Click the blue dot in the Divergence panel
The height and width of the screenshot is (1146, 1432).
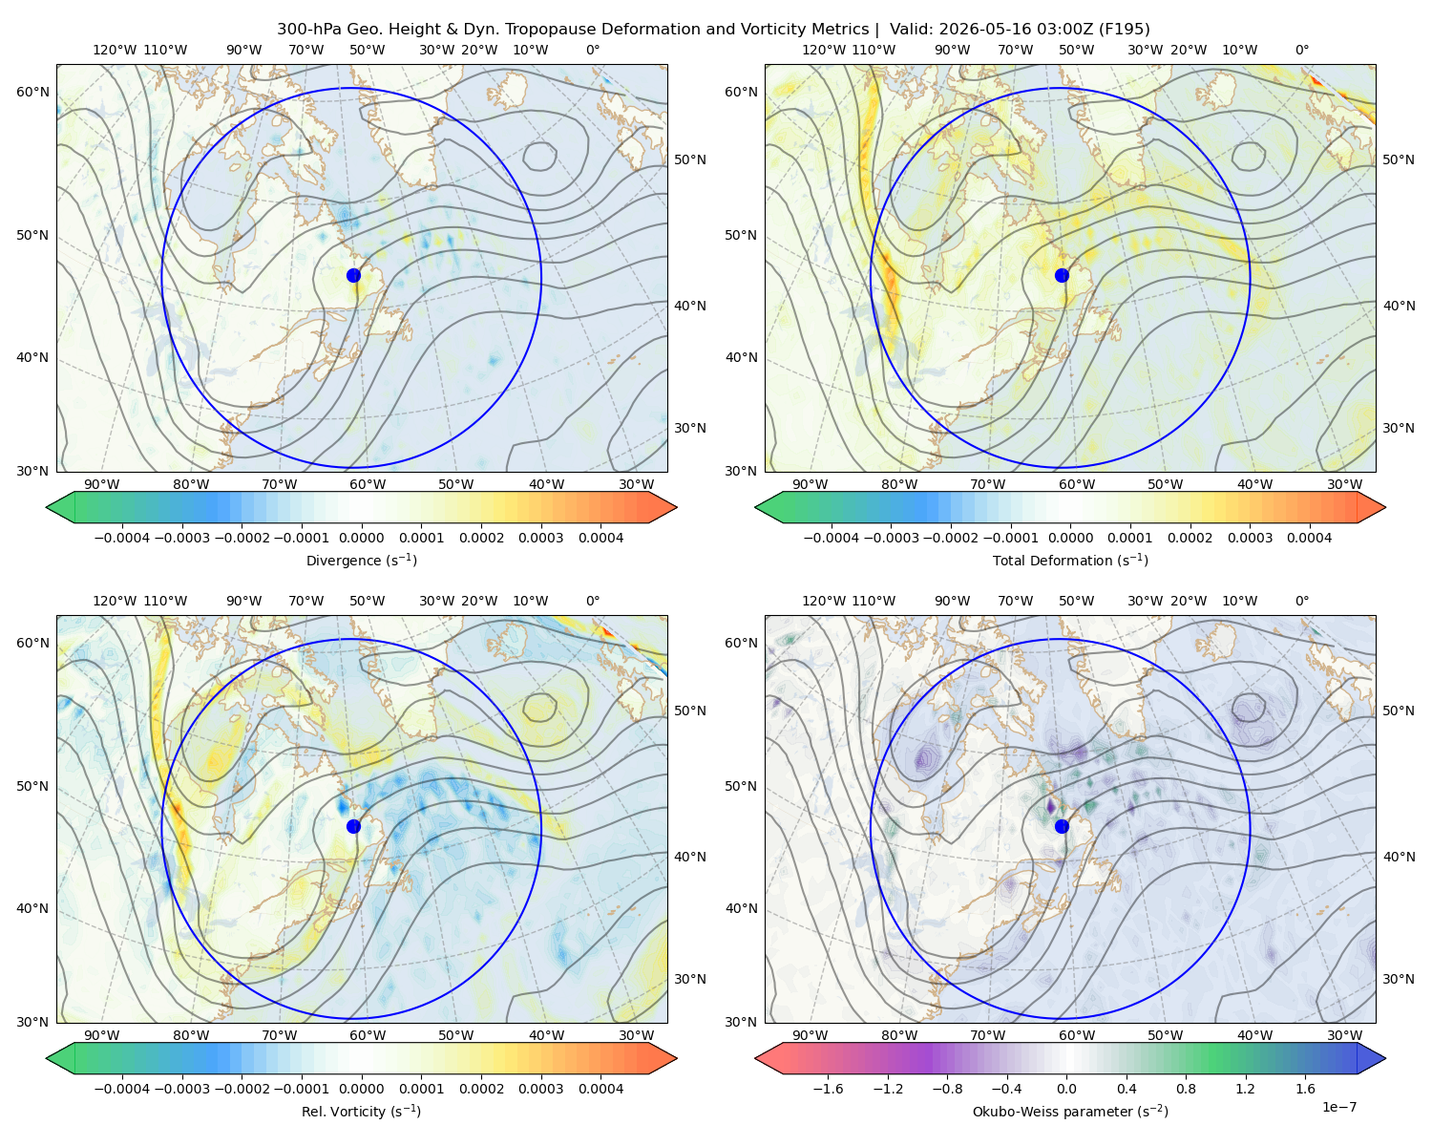353,275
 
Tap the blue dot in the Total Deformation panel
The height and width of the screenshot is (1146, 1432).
1062,275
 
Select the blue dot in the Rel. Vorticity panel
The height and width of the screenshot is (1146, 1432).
353,826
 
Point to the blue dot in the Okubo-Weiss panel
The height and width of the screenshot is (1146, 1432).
1062,826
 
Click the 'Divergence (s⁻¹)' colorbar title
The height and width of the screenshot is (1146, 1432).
361,560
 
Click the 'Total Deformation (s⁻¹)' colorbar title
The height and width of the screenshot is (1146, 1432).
1070,560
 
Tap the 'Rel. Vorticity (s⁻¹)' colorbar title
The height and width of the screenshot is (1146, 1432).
361,1111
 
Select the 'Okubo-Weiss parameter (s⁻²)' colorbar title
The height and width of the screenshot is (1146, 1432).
1070,1111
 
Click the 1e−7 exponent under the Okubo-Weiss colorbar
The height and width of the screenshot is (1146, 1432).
1338,1107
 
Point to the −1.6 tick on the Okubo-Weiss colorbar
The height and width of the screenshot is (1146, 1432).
828,1089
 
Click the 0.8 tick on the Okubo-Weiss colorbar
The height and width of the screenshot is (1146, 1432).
1186,1089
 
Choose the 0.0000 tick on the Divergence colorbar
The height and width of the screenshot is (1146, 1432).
361,538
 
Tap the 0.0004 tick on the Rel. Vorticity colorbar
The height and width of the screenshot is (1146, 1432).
600,1089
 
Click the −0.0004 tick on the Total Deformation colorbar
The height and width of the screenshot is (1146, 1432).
832,538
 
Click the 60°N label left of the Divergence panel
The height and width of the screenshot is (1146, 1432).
32,92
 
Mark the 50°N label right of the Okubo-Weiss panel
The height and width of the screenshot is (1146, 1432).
1399,711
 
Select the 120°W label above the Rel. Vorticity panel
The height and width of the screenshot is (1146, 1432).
115,601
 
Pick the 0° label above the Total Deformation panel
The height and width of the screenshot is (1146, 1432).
1301,50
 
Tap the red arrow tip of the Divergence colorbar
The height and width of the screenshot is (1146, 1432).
676,507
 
